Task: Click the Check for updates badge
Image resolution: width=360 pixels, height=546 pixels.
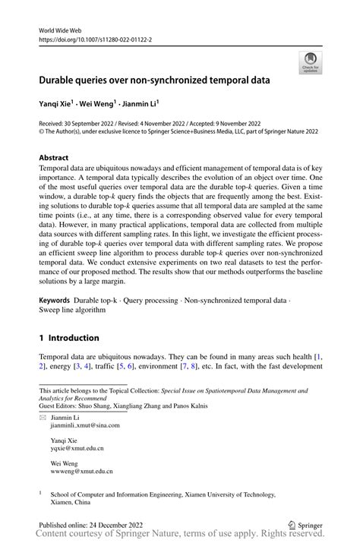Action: point(310,63)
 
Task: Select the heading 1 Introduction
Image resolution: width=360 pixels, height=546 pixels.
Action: point(68,337)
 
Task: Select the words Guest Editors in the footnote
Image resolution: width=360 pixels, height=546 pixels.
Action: point(60,406)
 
